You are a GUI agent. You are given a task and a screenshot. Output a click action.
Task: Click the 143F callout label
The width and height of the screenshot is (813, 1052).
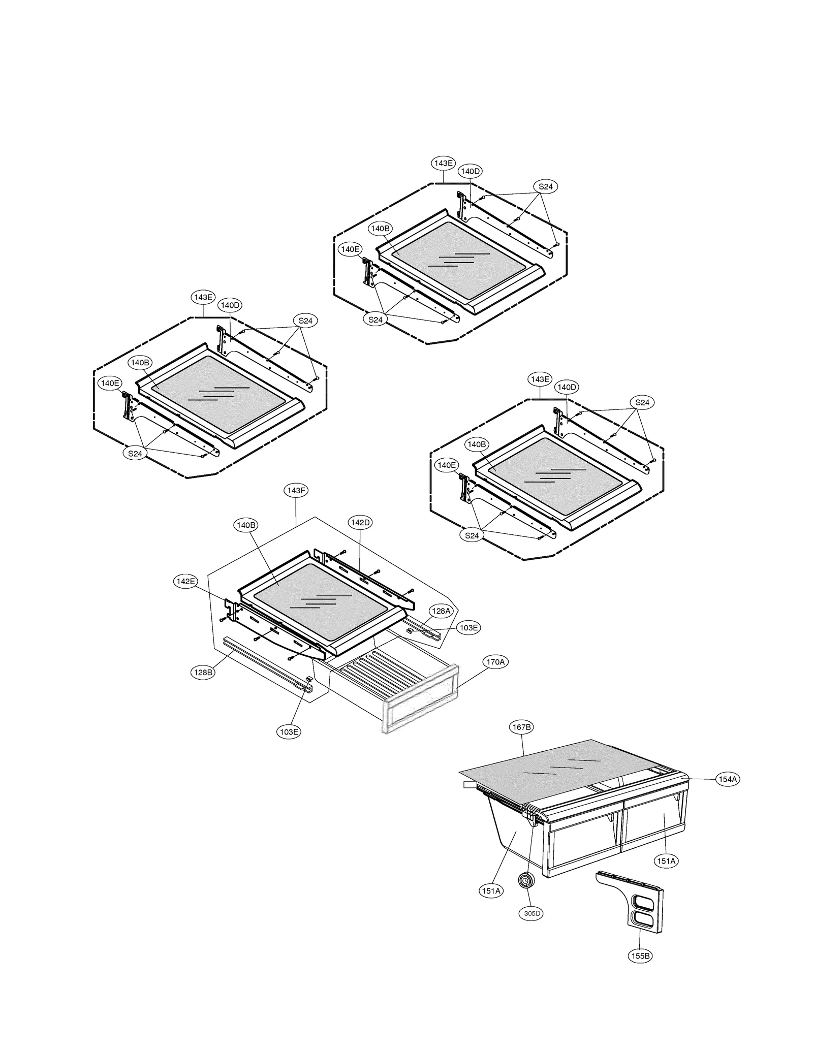click(x=296, y=490)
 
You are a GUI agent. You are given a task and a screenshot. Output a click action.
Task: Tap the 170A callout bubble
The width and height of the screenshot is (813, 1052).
click(x=495, y=662)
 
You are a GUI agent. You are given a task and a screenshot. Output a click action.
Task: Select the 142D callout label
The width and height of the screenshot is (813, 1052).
click(x=360, y=522)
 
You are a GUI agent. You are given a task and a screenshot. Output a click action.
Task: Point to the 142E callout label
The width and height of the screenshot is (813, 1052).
click(x=185, y=582)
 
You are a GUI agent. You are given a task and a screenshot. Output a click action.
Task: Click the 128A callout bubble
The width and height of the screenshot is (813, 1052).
click(x=441, y=611)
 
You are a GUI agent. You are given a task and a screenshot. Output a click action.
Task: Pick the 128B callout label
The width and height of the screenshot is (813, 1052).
click(x=203, y=673)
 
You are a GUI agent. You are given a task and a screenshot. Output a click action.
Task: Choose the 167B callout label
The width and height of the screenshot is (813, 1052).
click(x=521, y=727)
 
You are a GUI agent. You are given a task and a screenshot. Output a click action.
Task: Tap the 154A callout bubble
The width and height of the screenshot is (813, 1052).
click(x=728, y=779)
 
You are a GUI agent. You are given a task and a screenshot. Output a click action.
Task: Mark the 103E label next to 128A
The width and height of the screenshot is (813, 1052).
click(x=468, y=628)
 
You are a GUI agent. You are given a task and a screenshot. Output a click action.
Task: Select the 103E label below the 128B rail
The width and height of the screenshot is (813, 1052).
click(x=289, y=731)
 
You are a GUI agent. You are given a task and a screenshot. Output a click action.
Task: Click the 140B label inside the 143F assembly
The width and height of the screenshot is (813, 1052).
click(x=246, y=525)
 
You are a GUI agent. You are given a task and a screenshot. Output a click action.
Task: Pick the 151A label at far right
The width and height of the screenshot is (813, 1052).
click(x=666, y=860)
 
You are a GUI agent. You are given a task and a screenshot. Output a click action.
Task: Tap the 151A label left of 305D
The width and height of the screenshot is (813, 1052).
click(x=491, y=890)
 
